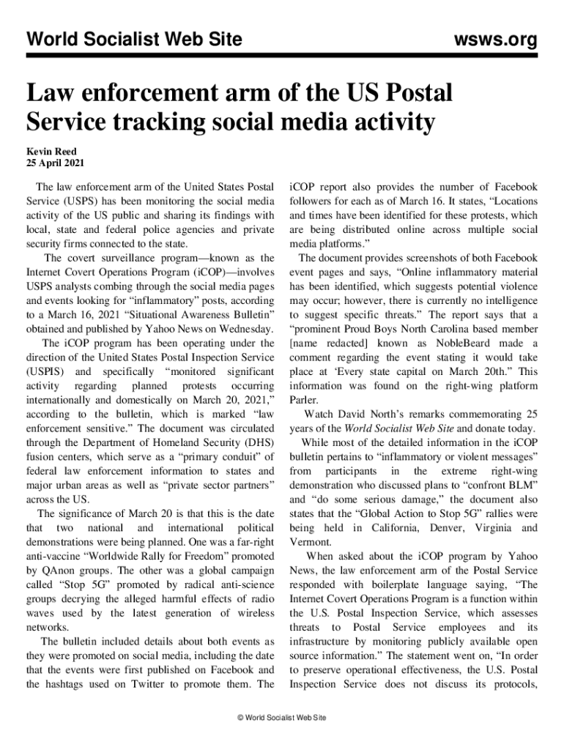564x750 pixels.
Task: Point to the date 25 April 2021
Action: pos(55,163)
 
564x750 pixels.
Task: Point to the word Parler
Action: pos(304,400)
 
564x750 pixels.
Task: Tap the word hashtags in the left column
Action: pos(70,684)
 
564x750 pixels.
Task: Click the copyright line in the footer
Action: pos(282,717)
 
